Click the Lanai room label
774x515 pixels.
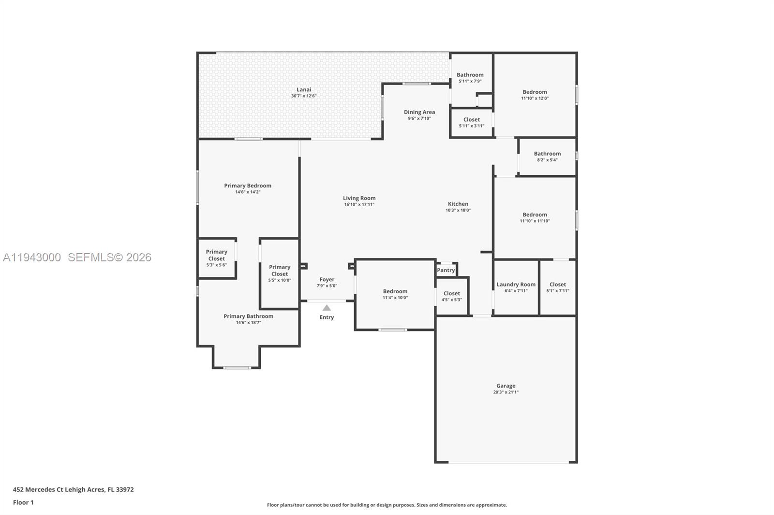[304, 89]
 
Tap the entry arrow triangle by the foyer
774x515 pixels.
[327, 308]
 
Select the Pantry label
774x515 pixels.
[446, 270]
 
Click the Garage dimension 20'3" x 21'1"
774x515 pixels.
[506, 392]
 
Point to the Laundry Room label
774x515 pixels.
[516, 285]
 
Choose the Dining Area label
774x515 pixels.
[419, 112]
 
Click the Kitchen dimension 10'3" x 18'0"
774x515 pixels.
[458, 210]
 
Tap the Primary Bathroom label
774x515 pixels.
[248, 316]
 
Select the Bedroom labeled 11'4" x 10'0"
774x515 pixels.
[395, 291]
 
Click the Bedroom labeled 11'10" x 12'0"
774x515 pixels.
[535, 92]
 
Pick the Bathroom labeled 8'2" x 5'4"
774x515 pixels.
[547, 154]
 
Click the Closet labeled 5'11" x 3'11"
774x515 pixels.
[471, 120]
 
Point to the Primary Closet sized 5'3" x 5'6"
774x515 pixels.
[216, 255]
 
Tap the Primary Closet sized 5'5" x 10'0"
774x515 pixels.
[280, 271]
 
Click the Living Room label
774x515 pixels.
[359, 198]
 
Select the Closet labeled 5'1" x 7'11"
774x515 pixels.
[557, 285]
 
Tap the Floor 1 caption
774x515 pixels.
[23, 502]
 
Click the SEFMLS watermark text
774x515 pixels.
[109, 257]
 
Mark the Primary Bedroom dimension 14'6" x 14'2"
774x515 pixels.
[248, 192]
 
